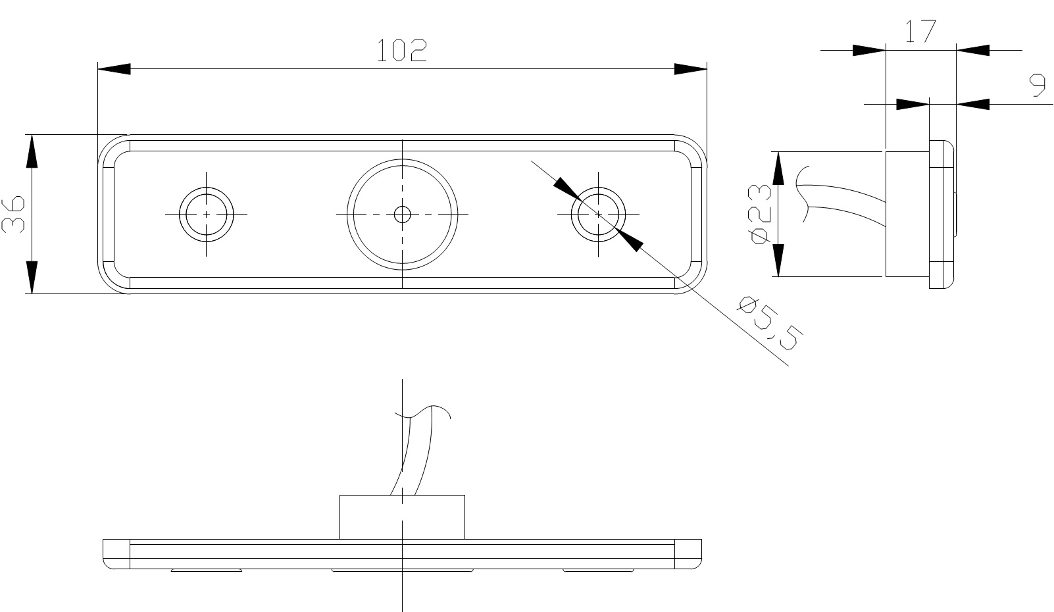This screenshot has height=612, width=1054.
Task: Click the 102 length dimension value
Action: pyautogui.click(x=401, y=51)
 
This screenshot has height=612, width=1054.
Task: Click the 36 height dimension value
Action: pyautogui.click(x=14, y=214)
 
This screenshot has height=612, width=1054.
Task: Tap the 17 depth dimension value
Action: pyautogui.click(x=919, y=31)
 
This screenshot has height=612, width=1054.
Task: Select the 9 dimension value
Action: pyautogui.click(x=1038, y=86)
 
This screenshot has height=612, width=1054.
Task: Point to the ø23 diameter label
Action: pyautogui.click(x=760, y=215)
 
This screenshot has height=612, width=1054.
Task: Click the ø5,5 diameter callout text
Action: pyautogui.click(x=770, y=322)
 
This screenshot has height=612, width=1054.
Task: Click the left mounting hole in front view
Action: pyautogui.click(x=207, y=214)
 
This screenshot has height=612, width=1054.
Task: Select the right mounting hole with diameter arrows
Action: pyautogui.click(x=597, y=214)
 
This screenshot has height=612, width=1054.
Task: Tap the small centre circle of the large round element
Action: pyautogui.click(x=402, y=214)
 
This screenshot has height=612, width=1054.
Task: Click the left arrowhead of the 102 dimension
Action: pyautogui.click(x=113, y=69)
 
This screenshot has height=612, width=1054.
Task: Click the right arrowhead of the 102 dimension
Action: pyautogui.click(x=691, y=69)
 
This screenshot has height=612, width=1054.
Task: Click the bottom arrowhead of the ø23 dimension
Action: pyautogui.click(x=778, y=261)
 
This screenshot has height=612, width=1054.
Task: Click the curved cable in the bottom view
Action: pyautogui.click(x=413, y=454)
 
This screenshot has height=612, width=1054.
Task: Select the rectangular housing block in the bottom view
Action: pyautogui.click(x=402, y=517)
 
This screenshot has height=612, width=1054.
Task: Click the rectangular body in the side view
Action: pyautogui.click(x=907, y=214)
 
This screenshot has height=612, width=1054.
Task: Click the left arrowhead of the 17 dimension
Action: pyautogui.click(x=869, y=50)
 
